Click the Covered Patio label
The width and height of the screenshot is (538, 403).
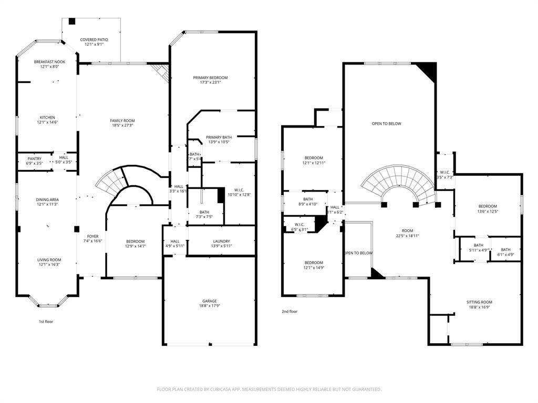(x=94, y=39)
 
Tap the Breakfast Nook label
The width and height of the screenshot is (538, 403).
(x=49, y=62)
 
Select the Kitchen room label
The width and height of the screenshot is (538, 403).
(x=47, y=118)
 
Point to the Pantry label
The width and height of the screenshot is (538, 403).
(x=34, y=158)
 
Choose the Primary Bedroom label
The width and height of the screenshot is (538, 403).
(x=210, y=78)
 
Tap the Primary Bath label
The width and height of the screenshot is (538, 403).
(x=219, y=137)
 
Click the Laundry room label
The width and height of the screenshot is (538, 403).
(x=221, y=241)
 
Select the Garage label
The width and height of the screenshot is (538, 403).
(x=209, y=301)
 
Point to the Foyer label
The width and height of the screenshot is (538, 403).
(x=92, y=236)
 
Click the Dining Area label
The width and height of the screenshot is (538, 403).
(x=47, y=199)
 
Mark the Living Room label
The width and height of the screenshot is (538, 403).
(x=49, y=260)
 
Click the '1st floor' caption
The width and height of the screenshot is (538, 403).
(x=46, y=321)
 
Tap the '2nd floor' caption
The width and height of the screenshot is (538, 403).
(x=289, y=311)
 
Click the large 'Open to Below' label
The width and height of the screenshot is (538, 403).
(x=386, y=124)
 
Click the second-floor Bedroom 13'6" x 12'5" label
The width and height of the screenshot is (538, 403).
(x=487, y=206)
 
